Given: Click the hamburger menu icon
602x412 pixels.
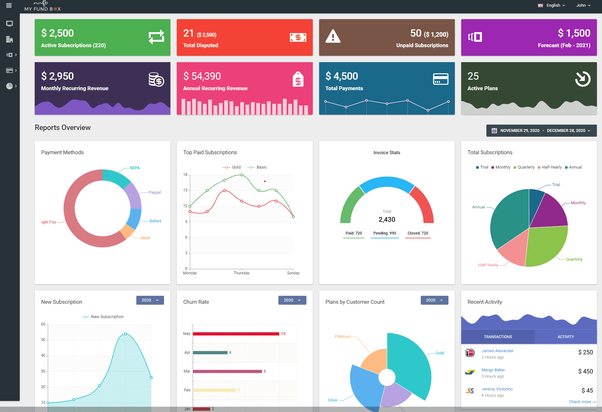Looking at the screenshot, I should point(9,5).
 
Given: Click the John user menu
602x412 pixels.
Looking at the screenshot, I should point(583,5).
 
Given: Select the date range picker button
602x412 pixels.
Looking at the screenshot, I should point(541,131).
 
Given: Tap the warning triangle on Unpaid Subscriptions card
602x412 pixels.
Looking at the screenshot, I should point(333,37).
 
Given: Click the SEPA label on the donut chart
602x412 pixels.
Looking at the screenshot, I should point(134,168).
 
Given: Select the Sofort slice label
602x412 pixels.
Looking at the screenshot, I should point(155,221).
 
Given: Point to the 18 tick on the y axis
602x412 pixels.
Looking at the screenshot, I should point(185,175).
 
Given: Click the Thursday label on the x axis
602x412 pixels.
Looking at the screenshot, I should point(241,273).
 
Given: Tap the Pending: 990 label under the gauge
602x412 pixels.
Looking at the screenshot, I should point(384,233).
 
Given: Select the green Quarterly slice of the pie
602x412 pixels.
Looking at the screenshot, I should point(546,245).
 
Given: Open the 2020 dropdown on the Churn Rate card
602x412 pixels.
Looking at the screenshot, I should point(292,300).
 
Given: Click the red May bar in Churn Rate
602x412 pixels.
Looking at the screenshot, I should point(236,334).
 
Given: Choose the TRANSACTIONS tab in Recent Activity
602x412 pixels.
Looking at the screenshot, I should point(498,337).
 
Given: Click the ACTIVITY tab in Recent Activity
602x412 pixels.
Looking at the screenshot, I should point(565,337).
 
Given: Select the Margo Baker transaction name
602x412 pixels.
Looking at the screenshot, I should point(493,370).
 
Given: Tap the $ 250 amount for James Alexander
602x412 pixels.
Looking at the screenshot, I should point(585,352).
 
